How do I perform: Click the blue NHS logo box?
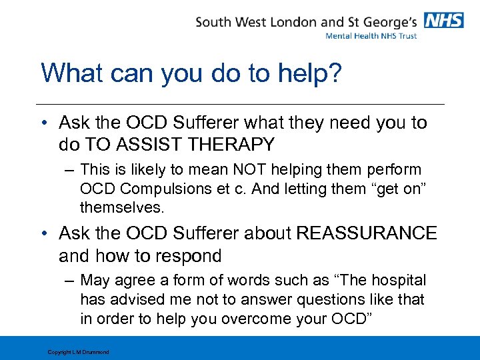point(444,21)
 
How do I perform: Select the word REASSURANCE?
point(366,233)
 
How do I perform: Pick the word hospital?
point(393,280)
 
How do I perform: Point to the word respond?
point(187,255)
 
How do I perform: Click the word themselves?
point(121,207)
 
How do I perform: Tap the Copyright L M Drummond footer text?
point(78,352)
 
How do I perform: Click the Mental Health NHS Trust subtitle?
point(371,35)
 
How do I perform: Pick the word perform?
point(393,170)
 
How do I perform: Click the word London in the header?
point(293,21)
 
